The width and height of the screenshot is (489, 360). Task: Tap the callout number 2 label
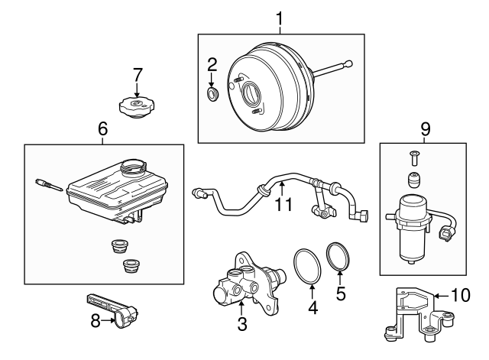pyautogui.click(x=213, y=65)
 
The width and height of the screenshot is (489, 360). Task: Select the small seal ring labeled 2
pyautogui.click(x=214, y=94)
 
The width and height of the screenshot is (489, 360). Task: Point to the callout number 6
pyautogui.click(x=103, y=130)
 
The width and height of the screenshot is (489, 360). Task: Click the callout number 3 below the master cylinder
pyautogui.click(x=241, y=325)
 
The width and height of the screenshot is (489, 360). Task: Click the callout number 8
pyautogui.click(x=96, y=321)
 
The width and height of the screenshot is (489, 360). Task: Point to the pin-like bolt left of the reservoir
pyautogui.click(x=48, y=185)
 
